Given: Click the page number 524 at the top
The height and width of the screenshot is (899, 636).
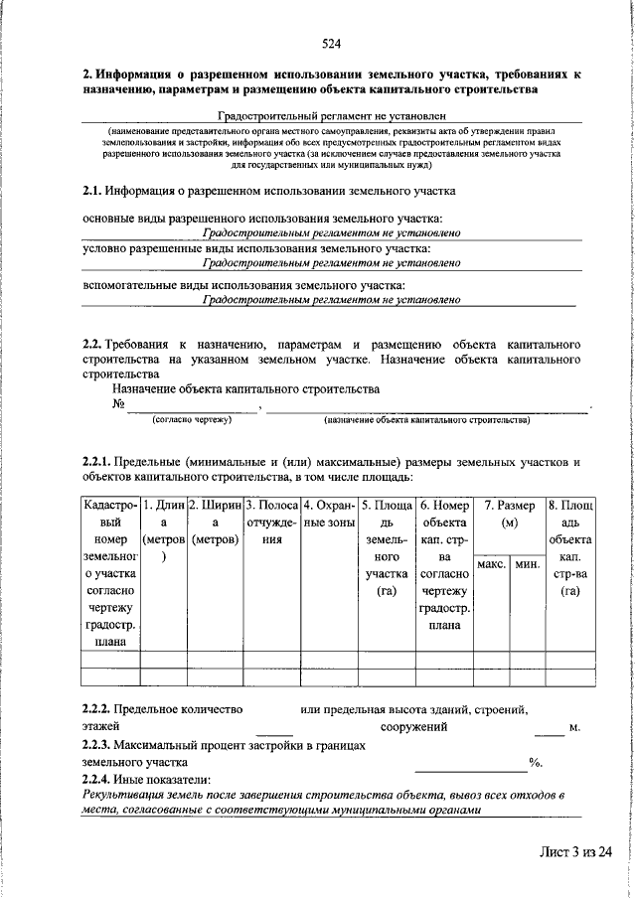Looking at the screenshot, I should [331, 44].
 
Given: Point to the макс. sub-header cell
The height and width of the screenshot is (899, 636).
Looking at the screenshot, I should [493, 564].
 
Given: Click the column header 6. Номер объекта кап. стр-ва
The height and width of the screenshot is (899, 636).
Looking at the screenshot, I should [443, 567].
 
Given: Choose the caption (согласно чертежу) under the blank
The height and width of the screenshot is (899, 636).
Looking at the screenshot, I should [191, 420].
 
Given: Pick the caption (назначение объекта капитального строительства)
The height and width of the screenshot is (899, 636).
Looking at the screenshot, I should [427, 420].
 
